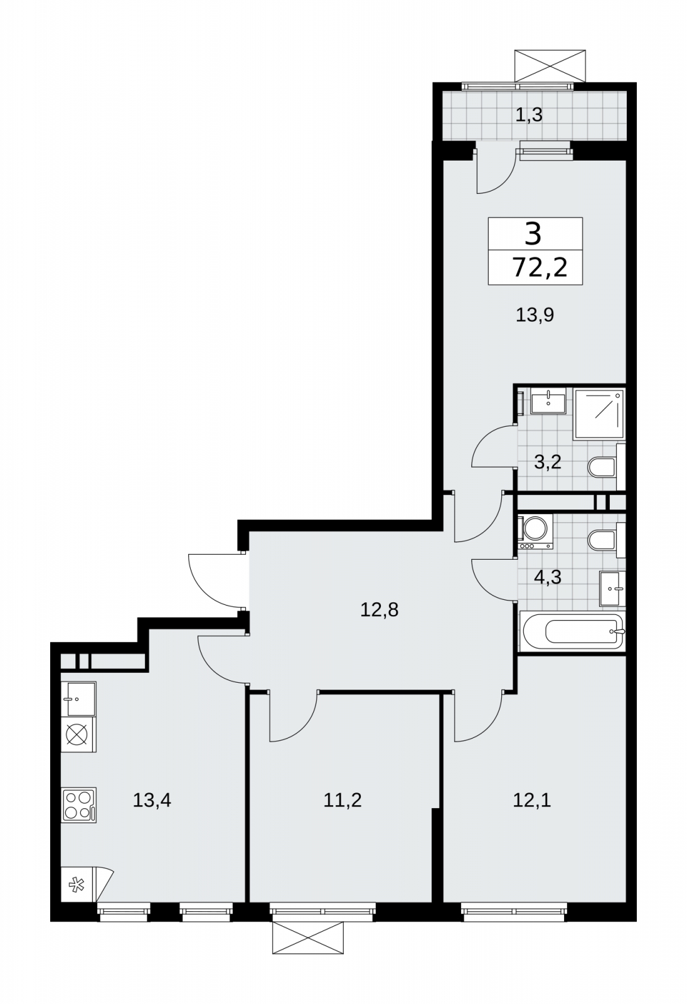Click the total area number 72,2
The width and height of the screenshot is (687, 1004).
(540, 268)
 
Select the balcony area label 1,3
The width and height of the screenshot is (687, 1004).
(529, 115)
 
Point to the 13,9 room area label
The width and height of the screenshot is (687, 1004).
(535, 315)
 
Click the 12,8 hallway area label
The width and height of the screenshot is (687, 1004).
(379, 609)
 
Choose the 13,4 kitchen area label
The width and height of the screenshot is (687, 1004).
(152, 799)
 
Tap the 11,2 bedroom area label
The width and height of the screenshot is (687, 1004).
(343, 799)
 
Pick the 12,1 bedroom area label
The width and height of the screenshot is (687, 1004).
(532, 799)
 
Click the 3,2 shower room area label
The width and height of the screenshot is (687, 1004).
(548, 461)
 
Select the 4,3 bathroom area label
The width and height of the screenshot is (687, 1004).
(548, 577)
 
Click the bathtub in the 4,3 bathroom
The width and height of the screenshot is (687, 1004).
(573, 631)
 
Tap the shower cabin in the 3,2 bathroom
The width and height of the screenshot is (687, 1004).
(599, 414)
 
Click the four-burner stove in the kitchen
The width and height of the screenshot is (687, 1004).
(79, 805)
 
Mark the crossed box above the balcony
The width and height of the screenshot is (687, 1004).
(550, 66)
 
